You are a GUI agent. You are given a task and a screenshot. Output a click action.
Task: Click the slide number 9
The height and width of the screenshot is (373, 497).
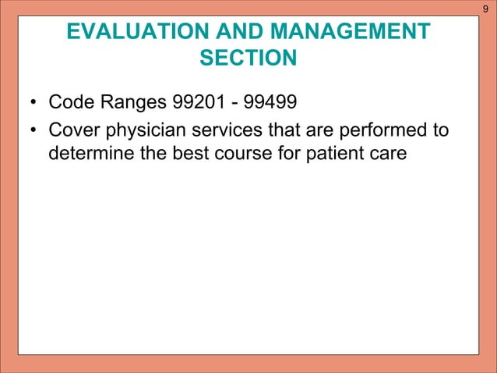pos(485,9)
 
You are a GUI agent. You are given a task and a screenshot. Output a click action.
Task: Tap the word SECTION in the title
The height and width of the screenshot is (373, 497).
pos(248,59)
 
